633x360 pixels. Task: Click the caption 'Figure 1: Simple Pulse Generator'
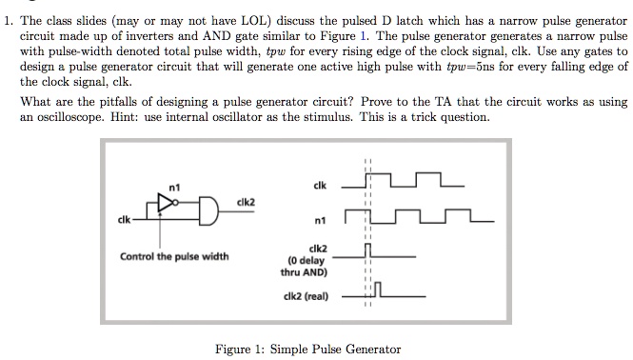point(308,350)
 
